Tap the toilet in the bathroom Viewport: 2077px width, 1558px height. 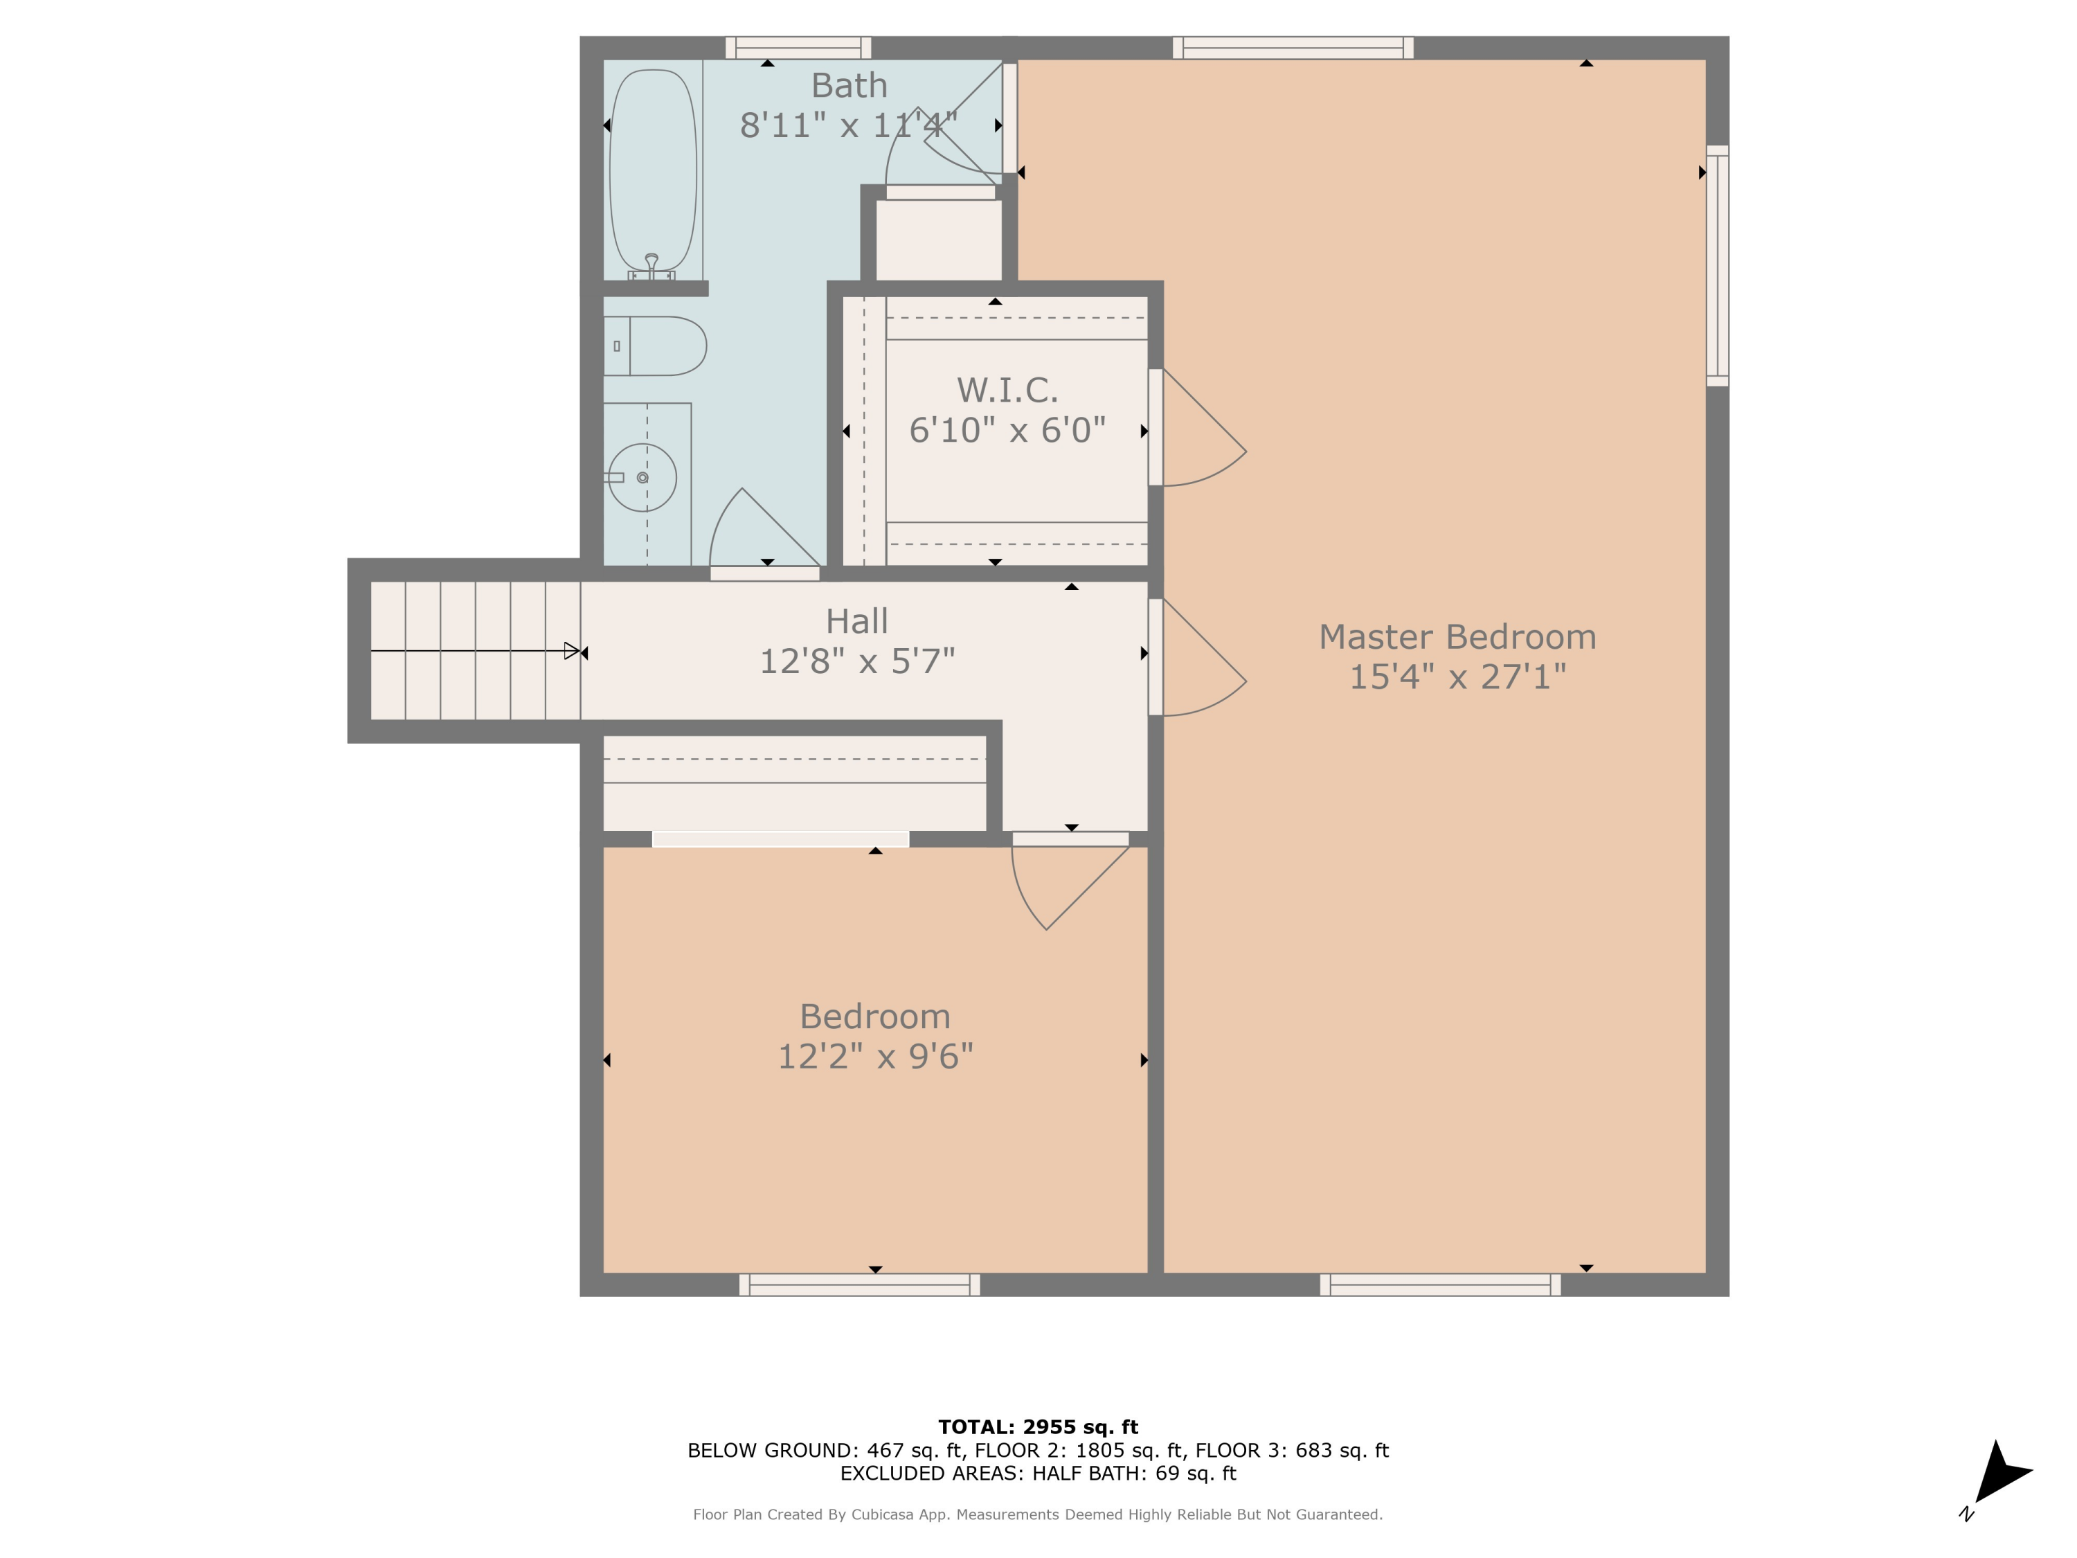click(x=657, y=346)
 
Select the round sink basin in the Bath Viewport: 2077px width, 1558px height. click(x=642, y=477)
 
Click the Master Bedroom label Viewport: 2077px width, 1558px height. click(x=1457, y=637)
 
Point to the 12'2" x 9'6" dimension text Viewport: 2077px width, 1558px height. click(x=875, y=1057)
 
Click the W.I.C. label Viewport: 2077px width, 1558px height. click(x=1007, y=390)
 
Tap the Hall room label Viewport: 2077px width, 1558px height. click(x=856, y=620)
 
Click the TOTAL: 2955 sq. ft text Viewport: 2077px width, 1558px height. click(x=1038, y=1426)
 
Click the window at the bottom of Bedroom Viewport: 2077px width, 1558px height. click(x=859, y=1284)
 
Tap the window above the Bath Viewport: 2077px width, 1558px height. click(x=798, y=47)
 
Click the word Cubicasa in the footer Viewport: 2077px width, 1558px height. click(x=883, y=1514)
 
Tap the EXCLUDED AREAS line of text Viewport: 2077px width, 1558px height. click(x=1038, y=1473)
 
